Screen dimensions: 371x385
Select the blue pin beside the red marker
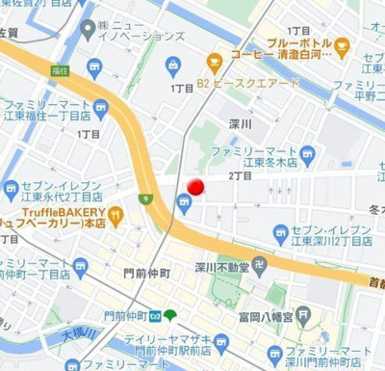[182, 200]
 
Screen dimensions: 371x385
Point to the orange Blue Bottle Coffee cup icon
[342, 43]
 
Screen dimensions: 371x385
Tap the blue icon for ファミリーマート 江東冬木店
[308, 152]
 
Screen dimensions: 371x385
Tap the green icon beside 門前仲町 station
[170, 315]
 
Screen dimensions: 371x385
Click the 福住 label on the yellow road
[61, 70]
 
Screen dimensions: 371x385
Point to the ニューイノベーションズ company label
[150, 29]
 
